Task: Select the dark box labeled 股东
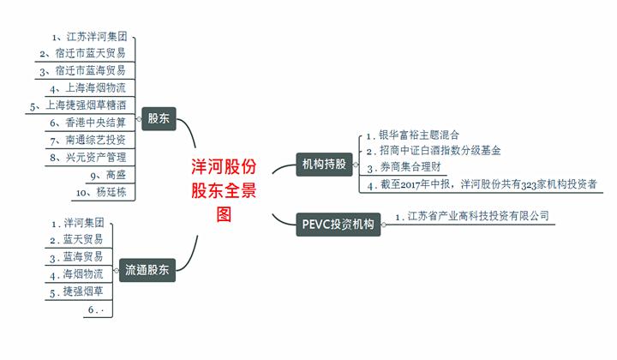[159, 118]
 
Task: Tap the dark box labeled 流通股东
[147, 269]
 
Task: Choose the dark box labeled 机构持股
[325, 163]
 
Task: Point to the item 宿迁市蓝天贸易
[89, 53]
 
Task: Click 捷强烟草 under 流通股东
[82, 291]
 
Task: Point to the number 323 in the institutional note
[524, 183]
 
